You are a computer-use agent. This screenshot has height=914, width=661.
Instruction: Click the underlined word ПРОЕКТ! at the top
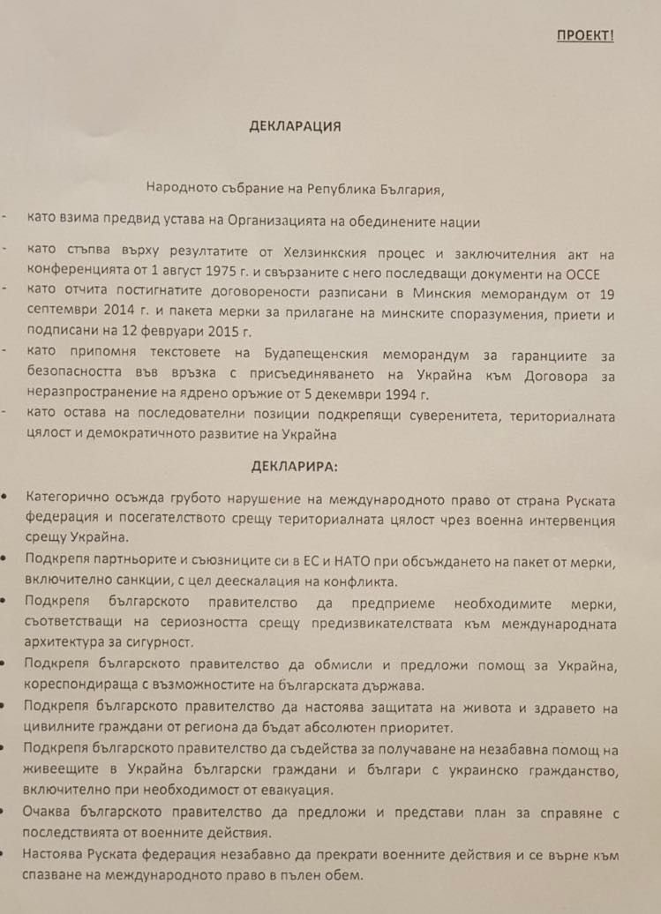(x=584, y=35)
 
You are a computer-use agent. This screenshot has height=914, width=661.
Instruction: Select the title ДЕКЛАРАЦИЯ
(x=296, y=126)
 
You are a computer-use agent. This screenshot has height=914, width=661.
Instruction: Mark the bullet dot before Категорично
(x=6, y=499)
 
